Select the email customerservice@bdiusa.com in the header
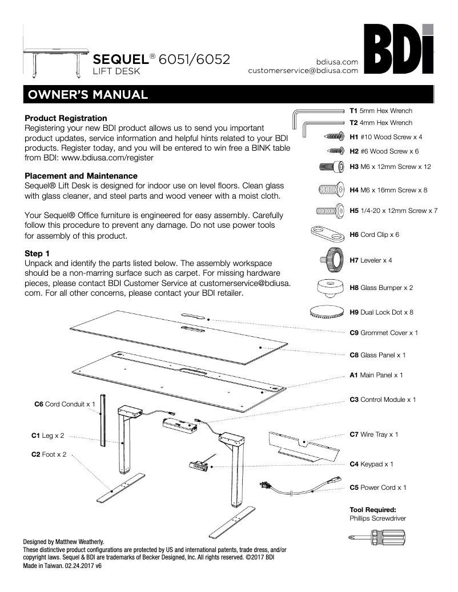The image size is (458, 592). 303,71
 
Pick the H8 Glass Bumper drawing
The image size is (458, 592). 330,288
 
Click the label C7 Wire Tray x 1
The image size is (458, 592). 374,435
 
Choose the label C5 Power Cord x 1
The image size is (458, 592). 378,488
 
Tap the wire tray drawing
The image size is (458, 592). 301,445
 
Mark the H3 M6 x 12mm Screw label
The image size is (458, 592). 390,167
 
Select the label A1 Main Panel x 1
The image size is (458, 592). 376,375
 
